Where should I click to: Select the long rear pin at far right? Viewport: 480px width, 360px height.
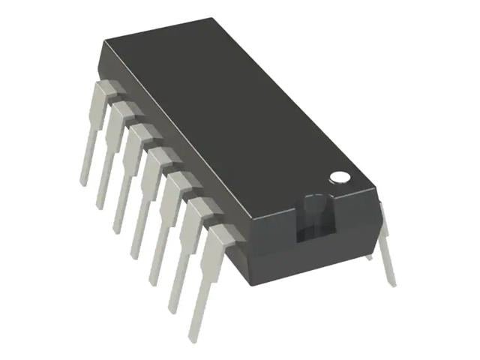385,247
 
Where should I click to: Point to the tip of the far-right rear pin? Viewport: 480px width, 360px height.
392,283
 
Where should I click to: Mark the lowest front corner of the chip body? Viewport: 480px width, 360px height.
250,284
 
